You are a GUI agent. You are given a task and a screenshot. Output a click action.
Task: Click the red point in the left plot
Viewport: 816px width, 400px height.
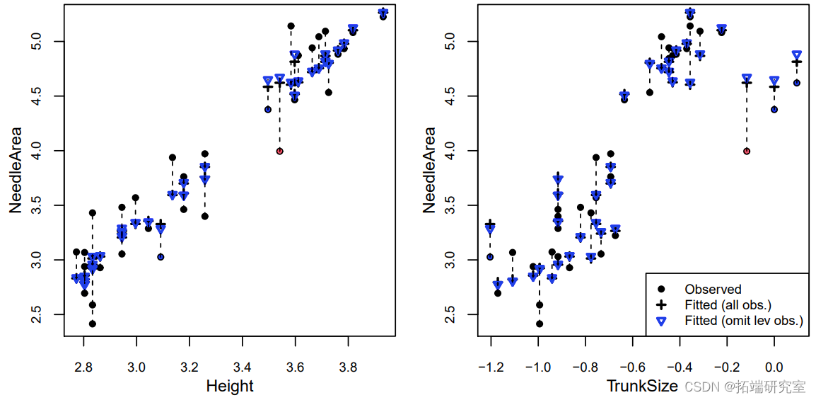[280, 151]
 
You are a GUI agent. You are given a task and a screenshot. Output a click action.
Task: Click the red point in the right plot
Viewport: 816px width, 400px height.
[747, 151]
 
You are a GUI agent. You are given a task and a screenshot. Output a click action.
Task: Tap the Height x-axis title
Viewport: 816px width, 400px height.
[230, 386]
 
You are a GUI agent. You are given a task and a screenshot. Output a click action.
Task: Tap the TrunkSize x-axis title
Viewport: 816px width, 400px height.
[643, 386]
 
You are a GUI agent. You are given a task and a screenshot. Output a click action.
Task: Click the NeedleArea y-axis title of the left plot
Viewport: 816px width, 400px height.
[15, 170]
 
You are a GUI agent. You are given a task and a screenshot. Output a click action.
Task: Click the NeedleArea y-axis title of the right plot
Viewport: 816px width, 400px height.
[429, 170]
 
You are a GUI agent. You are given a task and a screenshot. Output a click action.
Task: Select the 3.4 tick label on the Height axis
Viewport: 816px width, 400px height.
[242, 367]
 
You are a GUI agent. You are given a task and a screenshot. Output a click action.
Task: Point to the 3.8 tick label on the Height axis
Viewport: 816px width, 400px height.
[348, 367]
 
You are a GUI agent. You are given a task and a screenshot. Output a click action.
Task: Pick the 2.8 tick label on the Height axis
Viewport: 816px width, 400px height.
[83, 367]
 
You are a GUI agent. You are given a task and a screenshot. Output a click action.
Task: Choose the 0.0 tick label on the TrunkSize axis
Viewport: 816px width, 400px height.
[774, 367]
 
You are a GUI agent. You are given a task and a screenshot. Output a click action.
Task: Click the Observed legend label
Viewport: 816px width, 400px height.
[713, 289]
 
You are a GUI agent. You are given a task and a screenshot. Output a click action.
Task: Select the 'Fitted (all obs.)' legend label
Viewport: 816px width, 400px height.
[728, 305]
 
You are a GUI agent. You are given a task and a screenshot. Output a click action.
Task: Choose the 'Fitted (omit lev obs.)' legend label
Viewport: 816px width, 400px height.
[744, 321]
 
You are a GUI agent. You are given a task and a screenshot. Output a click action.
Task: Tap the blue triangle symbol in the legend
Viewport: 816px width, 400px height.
[660, 321]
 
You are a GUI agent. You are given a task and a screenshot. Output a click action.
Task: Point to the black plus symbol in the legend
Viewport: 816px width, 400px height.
[660, 305]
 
